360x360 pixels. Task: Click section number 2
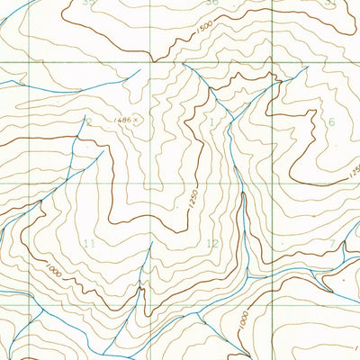88,122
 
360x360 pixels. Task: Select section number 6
330,122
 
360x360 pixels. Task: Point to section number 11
87,244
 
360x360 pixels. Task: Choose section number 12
212,244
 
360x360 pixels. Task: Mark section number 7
331,244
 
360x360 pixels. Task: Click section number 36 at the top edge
211,3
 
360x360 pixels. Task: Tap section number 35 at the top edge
87,3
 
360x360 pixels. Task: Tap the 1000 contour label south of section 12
244,320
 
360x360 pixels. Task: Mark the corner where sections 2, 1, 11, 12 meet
150,184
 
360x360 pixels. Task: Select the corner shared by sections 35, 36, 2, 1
150,62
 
